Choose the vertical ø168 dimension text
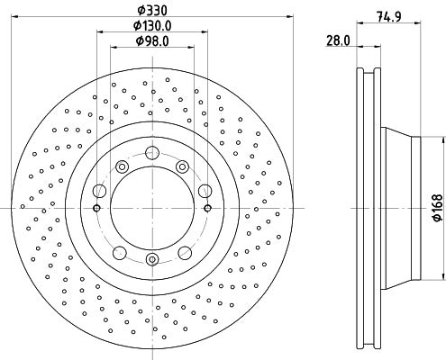[437, 209]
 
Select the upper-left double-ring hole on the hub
[121, 165]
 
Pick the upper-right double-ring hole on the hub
[182, 165]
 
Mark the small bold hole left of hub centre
[96, 209]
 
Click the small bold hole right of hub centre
[207, 209]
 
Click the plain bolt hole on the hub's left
[98, 190]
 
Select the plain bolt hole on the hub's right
[205, 190]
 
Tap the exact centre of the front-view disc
[151, 209]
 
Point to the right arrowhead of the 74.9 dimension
[421, 22]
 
